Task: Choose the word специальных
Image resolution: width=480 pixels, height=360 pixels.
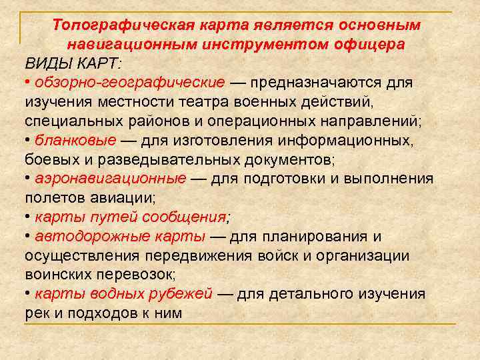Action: point(63,121)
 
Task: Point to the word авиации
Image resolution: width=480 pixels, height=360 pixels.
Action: point(127,198)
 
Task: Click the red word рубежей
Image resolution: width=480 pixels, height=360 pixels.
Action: point(180,293)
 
